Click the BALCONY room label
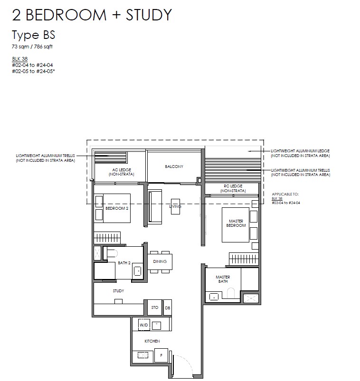[174, 167]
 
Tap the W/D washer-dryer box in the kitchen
[143, 325]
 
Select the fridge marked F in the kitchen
[161, 355]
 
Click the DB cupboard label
[167, 308]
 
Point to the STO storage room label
[155, 307]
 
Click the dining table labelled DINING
[160, 262]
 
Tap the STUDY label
[118, 290]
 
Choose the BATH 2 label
[124, 263]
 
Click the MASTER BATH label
[223, 279]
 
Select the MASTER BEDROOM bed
[236, 225]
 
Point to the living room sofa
[155, 207]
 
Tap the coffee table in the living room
[175, 206]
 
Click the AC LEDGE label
[122, 172]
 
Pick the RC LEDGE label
[233, 188]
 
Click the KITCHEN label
[152, 341]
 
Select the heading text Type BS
[34, 35]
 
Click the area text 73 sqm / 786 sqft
[32, 46]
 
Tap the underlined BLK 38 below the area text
[20, 59]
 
